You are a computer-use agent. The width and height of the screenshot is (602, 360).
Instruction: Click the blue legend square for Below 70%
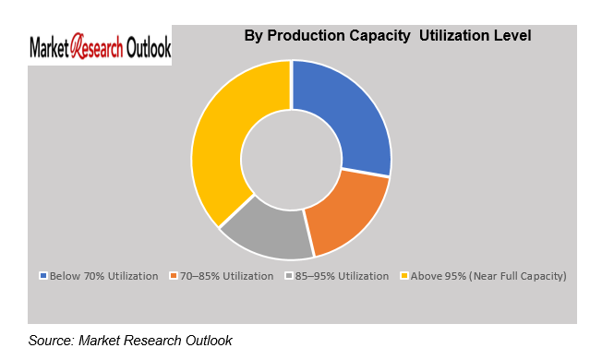coord(43,276)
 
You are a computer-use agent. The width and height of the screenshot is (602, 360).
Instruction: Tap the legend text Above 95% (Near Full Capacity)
coord(485,276)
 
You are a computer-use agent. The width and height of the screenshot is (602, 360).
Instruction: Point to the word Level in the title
coord(511,36)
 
